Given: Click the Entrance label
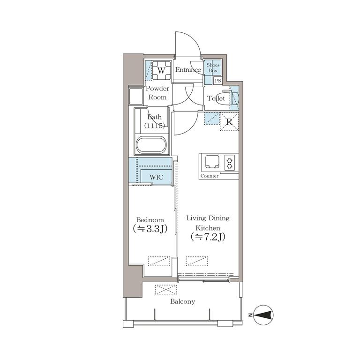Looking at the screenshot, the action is (x=188, y=70).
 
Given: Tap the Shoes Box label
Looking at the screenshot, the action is (x=213, y=67).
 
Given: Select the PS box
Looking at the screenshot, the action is (x=218, y=81).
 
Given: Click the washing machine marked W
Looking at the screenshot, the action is (x=161, y=70).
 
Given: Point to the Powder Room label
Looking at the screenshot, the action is (x=157, y=93).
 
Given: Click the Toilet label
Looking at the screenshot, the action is (x=216, y=98).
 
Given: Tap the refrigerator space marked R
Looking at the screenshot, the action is (x=229, y=122).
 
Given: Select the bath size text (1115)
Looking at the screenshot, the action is (x=155, y=126).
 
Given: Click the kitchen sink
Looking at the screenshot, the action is (x=212, y=162).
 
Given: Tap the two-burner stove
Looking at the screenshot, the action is (x=230, y=162).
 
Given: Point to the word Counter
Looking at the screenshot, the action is (x=210, y=176).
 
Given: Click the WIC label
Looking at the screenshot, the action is (x=157, y=177).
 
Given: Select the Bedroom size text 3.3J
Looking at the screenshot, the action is (x=150, y=229).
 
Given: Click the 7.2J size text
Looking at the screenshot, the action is (x=208, y=237).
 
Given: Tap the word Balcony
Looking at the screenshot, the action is (x=182, y=301).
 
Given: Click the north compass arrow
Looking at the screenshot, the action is (x=264, y=315).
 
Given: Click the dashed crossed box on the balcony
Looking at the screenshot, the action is (x=166, y=290).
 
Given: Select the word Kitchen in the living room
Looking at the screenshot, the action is (x=208, y=228).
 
